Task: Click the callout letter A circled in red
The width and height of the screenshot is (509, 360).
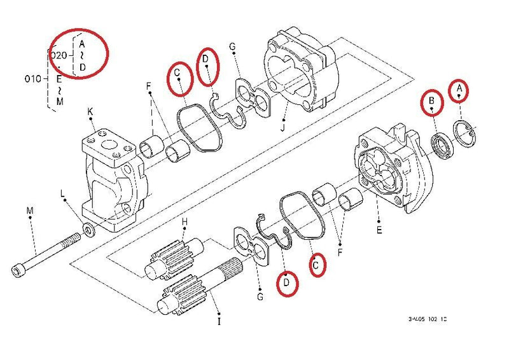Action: tap(459, 91)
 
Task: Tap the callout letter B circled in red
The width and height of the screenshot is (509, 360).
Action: tap(432, 100)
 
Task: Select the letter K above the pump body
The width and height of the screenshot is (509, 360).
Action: tap(90, 112)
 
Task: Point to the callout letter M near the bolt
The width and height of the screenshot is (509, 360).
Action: tap(29, 209)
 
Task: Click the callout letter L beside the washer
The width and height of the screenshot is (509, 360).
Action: tap(62, 192)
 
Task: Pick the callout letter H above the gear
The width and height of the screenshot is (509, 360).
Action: tap(185, 221)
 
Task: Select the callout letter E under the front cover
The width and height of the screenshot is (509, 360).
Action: tap(379, 230)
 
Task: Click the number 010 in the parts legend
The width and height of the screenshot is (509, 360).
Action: tap(33, 79)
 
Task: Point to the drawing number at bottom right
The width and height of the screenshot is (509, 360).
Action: tap(427, 318)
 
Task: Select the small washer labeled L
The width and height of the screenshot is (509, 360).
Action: tap(89, 228)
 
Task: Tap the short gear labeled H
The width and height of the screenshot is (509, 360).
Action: tap(169, 261)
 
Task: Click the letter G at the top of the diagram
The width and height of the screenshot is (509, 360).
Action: tap(232, 47)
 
